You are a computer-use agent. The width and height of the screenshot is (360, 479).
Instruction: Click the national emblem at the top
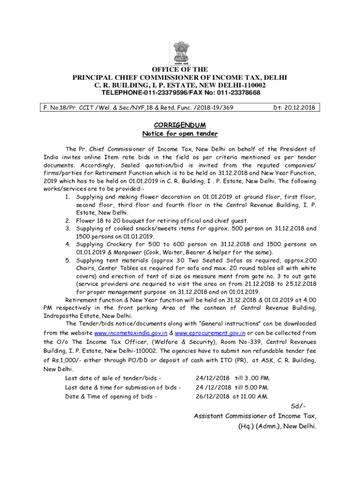tap(180, 53)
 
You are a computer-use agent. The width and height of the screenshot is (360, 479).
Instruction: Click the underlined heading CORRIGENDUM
tap(180, 125)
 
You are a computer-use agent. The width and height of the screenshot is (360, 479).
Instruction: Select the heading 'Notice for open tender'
tap(180, 134)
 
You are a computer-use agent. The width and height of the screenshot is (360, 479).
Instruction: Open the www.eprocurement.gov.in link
tap(210, 333)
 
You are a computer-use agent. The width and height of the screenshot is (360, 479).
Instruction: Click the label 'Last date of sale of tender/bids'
tap(114, 378)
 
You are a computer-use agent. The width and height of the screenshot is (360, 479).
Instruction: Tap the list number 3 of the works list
tap(68, 229)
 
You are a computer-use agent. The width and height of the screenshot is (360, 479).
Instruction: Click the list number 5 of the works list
tap(68, 261)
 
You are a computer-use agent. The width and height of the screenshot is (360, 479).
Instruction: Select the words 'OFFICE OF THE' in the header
tap(180, 70)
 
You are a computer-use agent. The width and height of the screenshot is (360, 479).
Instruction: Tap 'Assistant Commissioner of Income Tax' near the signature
tap(255, 416)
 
